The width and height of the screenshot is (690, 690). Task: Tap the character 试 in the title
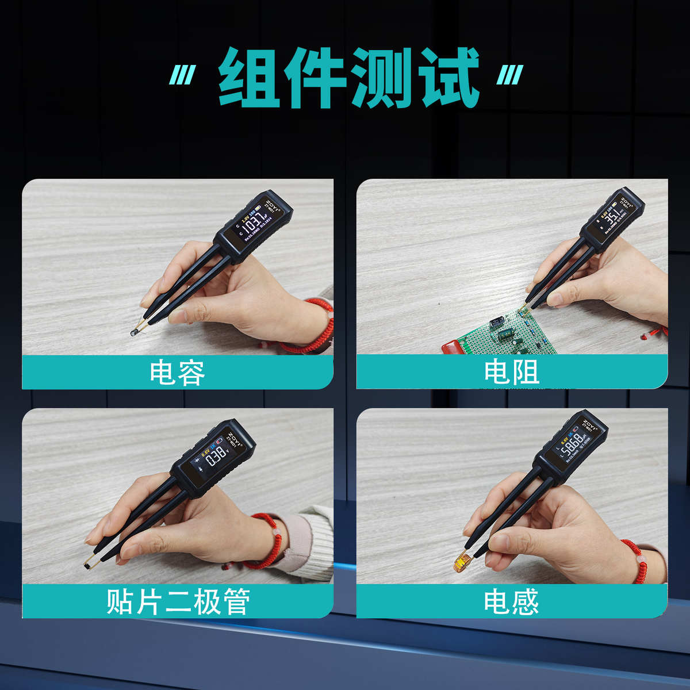coord(447,78)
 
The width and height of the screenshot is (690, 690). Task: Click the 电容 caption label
coord(177,373)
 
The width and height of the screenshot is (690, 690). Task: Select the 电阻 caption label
coord(512,373)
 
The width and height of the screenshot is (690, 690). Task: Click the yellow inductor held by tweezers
coord(462,562)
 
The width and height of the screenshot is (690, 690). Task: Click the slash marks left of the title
coord(182,75)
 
